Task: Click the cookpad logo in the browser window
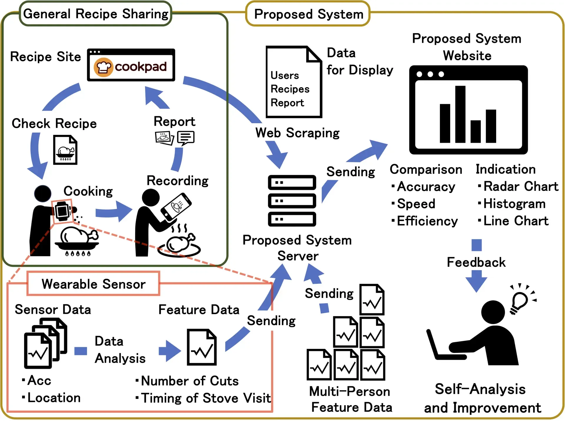(131, 67)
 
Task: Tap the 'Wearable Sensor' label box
(93, 284)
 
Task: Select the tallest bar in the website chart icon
(460, 114)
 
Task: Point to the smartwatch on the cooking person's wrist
(62, 211)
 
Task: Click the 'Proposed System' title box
(308, 14)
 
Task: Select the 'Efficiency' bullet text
(427, 221)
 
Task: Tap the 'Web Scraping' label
(297, 133)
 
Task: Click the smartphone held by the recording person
(176, 207)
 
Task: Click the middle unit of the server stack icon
(292, 201)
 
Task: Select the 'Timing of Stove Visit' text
(206, 398)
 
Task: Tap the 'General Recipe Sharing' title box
(96, 14)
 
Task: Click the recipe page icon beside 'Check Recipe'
(65, 150)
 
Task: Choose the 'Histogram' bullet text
(514, 204)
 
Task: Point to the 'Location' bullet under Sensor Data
(54, 398)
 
